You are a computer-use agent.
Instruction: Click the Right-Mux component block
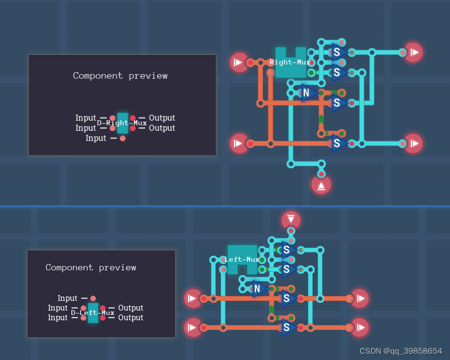pyautogui.click(x=290, y=63)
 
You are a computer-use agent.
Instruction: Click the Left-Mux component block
pyautogui.click(x=242, y=260)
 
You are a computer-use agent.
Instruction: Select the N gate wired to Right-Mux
pyautogui.click(x=307, y=93)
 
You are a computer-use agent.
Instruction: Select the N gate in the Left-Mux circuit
pyautogui.click(x=258, y=289)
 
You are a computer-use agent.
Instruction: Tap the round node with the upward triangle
pyautogui.click(x=321, y=185)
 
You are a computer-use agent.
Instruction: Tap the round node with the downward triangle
pyautogui.click(x=290, y=220)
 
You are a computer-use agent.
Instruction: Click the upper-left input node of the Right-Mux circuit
pyautogui.click(x=239, y=63)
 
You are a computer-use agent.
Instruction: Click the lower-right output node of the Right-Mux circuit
pyautogui.click(x=414, y=143)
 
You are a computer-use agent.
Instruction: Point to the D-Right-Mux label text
pyautogui.click(x=122, y=123)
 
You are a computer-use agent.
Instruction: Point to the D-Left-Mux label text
pyautogui.click(x=93, y=313)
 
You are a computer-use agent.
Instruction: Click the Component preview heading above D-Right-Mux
pyautogui.click(x=120, y=76)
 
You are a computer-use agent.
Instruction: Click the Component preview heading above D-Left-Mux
pyautogui.click(x=91, y=267)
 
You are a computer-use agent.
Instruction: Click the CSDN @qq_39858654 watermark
pyautogui.click(x=401, y=351)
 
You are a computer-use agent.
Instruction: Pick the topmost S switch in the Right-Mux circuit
pyautogui.click(x=337, y=52)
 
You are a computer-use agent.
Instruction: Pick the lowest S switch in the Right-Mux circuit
pyautogui.click(x=338, y=143)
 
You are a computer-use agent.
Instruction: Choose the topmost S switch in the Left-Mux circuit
pyautogui.click(x=288, y=250)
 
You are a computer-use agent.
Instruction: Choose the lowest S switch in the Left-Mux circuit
pyautogui.click(x=288, y=328)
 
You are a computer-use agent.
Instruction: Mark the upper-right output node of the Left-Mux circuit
pyautogui.click(x=360, y=298)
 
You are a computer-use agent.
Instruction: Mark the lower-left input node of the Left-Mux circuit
pyautogui.click(x=193, y=328)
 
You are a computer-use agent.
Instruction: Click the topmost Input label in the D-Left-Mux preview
pyautogui.click(x=67, y=298)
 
